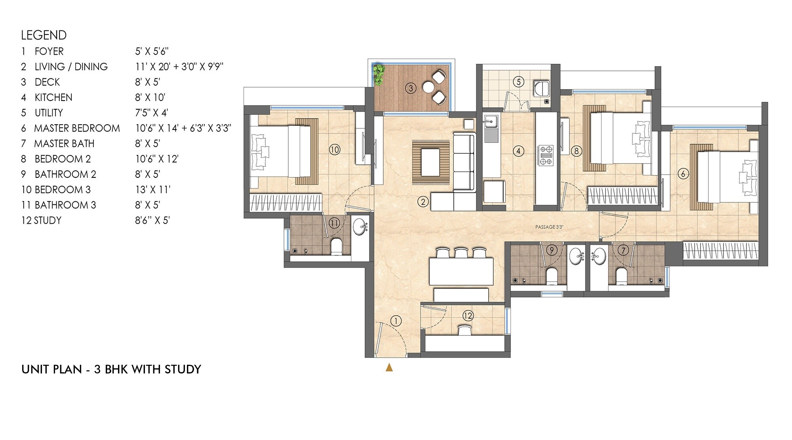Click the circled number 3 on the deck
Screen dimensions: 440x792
coord(411,88)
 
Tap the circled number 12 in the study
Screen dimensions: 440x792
coord(468,316)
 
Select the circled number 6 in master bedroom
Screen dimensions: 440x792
coord(683,173)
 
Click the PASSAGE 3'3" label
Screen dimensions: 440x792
coord(549,227)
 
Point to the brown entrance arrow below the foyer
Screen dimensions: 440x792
coord(389,368)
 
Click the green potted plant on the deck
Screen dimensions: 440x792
coord(379,74)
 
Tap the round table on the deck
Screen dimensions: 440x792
coord(429,87)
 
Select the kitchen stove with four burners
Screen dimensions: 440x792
coord(546,155)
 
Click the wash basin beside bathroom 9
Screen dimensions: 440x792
coord(577,256)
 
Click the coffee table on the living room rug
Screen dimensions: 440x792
coord(430,162)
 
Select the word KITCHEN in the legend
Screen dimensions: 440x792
coord(53,97)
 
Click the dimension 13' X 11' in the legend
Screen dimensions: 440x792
coord(153,190)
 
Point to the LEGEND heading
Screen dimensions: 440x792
coord(44,35)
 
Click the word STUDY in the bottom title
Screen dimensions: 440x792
coord(183,369)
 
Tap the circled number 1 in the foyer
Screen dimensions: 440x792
coord(396,321)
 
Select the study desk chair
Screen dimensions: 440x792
coord(465,330)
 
